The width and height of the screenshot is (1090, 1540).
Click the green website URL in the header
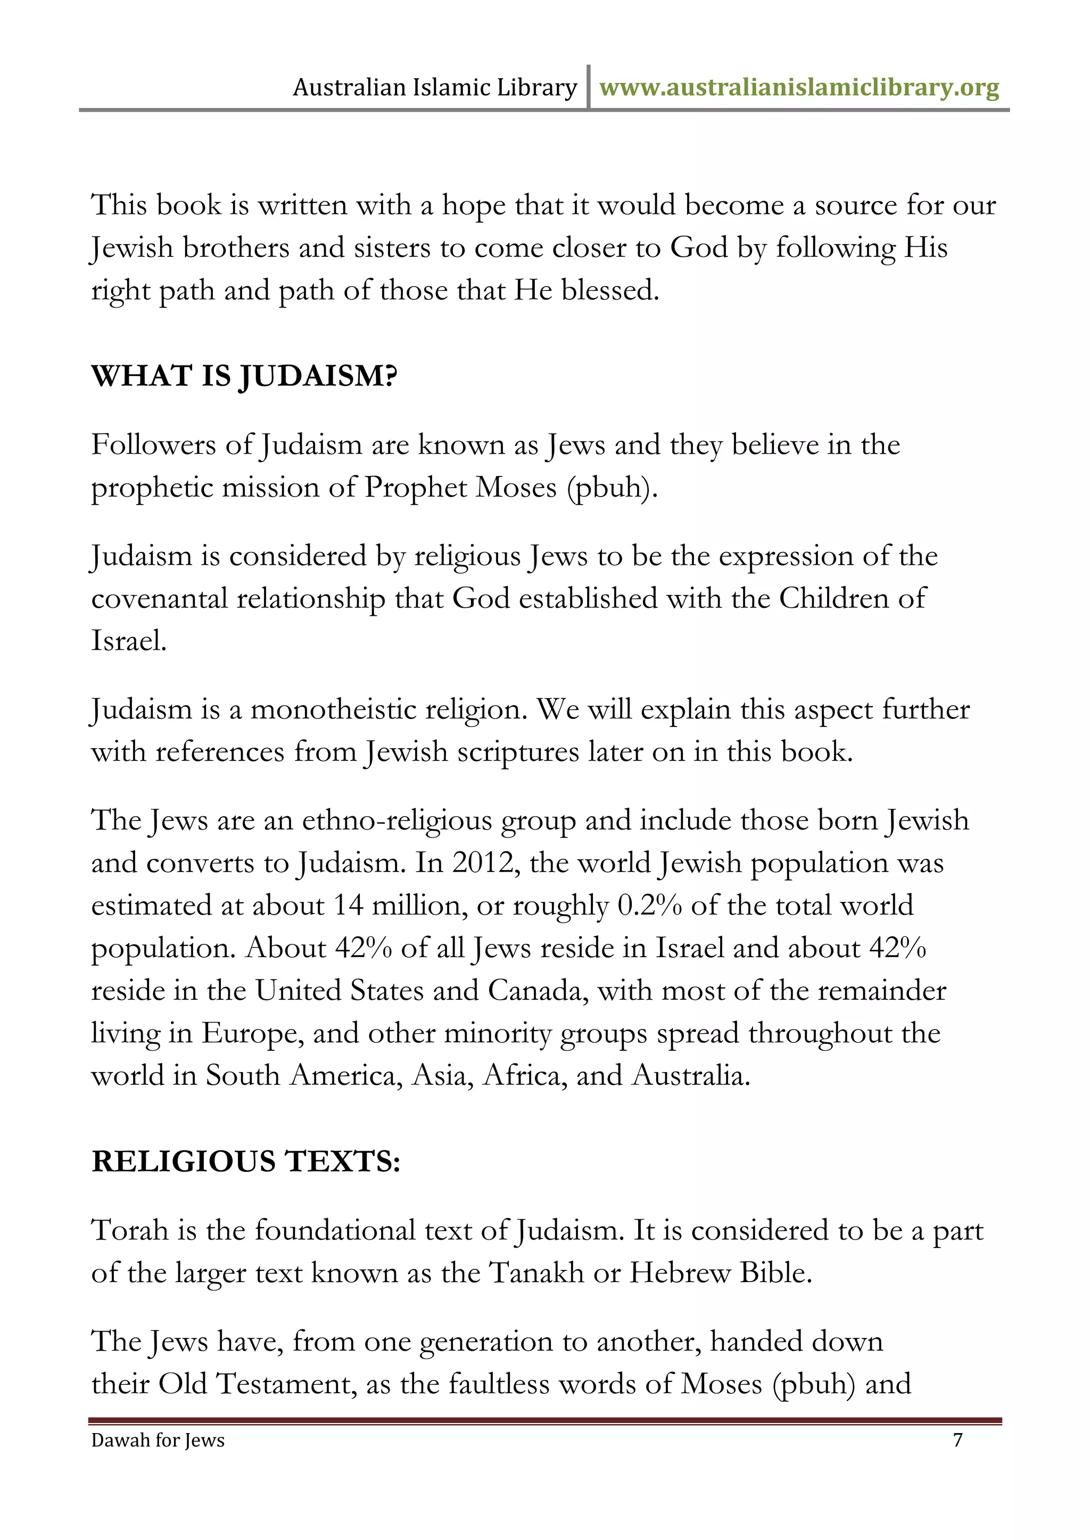[x=799, y=88]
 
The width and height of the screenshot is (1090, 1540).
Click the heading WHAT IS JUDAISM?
[x=244, y=376]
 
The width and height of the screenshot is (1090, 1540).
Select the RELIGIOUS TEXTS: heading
[x=246, y=1162]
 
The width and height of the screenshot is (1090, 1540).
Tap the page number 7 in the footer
[x=958, y=1440]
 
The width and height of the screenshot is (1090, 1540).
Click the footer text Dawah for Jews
[x=158, y=1440]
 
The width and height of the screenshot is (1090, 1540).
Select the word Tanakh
[x=536, y=1273]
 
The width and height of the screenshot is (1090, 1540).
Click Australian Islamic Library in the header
[x=434, y=88]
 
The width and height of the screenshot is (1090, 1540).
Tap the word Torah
[x=129, y=1231]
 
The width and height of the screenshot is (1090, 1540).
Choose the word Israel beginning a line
[x=128, y=641]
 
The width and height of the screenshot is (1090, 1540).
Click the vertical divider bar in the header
[x=588, y=87]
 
